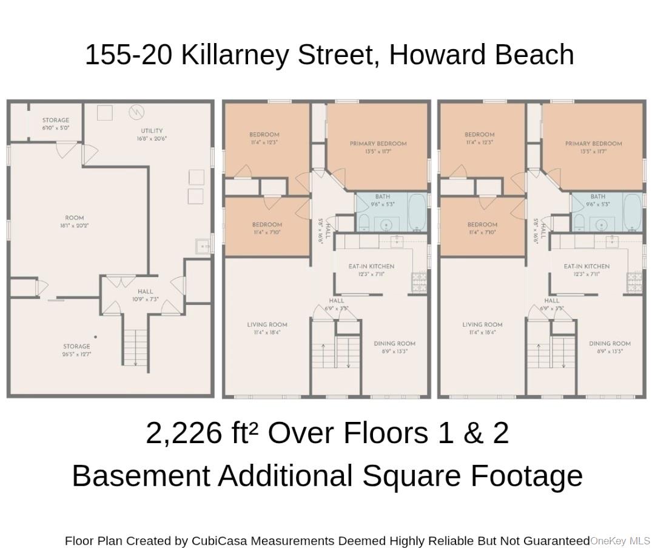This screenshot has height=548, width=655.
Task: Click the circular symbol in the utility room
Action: tap(136, 112)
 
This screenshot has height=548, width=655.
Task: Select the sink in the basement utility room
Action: tap(202, 246)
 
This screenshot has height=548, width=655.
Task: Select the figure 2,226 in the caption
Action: tap(184, 433)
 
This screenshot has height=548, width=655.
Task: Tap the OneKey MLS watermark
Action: tap(620, 540)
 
